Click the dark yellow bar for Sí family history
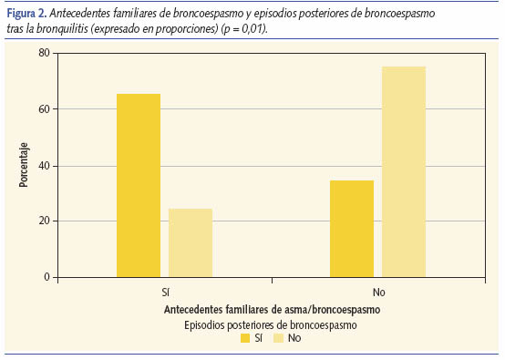pos(139,186)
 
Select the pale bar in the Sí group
pos(191,243)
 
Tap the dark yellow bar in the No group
pos(352,229)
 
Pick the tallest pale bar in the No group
pos(404,172)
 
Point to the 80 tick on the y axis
pos(44,53)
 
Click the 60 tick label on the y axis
pos(44,109)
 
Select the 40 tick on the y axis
pos(44,166)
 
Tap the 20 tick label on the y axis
pos(44,221)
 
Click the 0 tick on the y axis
pos(46,277)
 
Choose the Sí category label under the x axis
pos(164,293)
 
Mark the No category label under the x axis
pos(378,293)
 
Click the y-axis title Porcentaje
pos(24,165)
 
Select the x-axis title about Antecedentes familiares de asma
pos(272,310)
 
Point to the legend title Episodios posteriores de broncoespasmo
pos(270,324)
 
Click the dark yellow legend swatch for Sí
pos(245,338)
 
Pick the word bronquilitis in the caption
pos(77,30)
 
